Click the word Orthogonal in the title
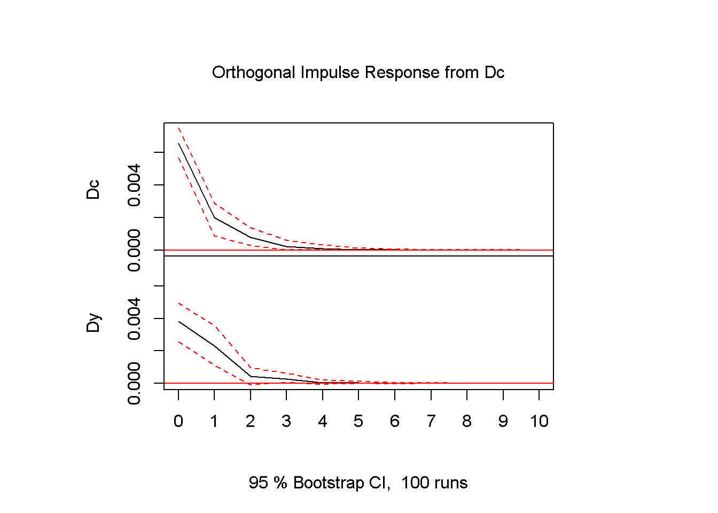(254, 73)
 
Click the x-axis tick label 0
(178, 422)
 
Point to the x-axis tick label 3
(286, 422)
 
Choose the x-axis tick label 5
(358, 422)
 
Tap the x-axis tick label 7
(431, 422)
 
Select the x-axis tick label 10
(539, 422)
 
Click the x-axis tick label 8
(467, 422)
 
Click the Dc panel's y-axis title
(93, 190)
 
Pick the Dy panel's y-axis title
(93, 323)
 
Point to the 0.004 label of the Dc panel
(134, 185)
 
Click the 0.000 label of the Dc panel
(134, 250)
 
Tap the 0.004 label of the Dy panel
(134, 318)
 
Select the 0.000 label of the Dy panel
(134, 383)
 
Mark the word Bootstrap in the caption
(329, 483)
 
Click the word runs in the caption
(450, 483)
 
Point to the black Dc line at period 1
(214, 217)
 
